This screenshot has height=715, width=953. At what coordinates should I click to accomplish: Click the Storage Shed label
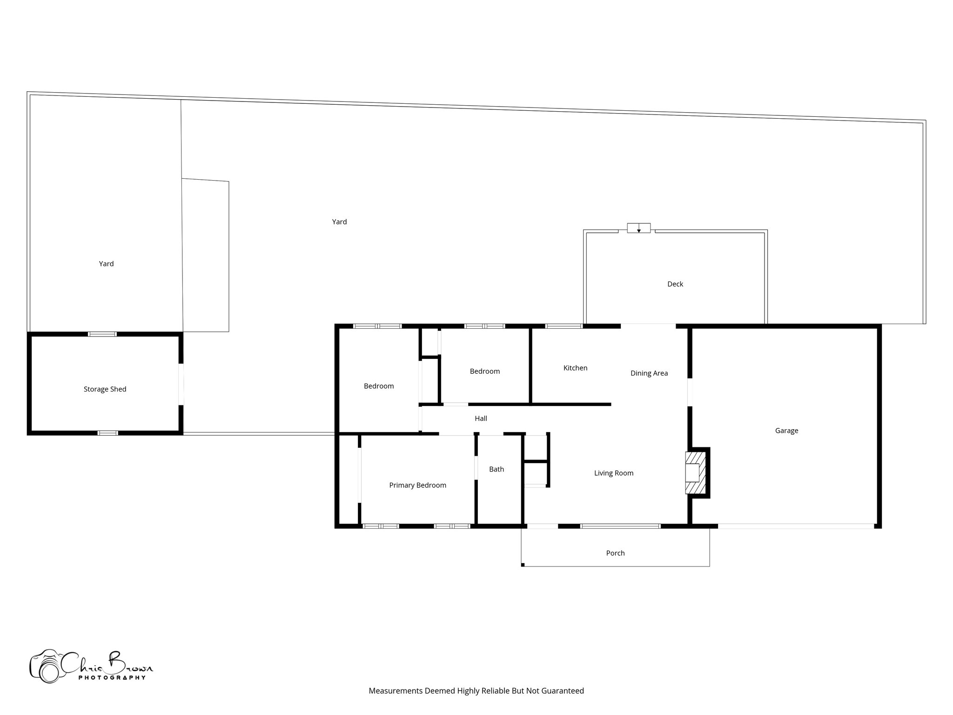tap(105, 389)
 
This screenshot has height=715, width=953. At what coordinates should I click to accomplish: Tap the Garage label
tap(786, 431)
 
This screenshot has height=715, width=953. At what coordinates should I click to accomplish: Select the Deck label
tap(675, 284)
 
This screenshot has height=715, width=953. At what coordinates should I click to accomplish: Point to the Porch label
tap(615, 553)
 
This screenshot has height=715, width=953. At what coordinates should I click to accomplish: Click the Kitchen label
tap(575, 368)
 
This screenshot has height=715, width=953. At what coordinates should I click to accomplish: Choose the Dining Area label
tap(649, 373)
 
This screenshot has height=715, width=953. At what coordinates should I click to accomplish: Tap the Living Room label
tap(613, 473)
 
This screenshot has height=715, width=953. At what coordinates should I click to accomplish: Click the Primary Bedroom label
tap(417, 485)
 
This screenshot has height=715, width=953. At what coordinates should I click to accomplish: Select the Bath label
tap(496, 469)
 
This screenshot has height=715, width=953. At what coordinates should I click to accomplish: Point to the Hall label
tap(481, 418)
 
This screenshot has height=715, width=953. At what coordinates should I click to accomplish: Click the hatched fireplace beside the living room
tap(695, 473)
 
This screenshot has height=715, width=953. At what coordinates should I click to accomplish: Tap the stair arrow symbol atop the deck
tap(638, 229)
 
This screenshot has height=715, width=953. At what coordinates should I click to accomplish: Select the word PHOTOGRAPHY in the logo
tap(112, 677)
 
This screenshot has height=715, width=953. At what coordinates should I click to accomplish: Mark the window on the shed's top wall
tap(102, 334)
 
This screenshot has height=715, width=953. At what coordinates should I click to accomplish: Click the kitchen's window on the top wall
tap(564, 326)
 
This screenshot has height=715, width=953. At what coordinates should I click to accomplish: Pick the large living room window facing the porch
tap(620, 526)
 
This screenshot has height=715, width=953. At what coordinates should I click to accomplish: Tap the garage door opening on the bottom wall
tap(795, 526)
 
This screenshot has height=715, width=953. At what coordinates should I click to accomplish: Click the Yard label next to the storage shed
tap(106, 264)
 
